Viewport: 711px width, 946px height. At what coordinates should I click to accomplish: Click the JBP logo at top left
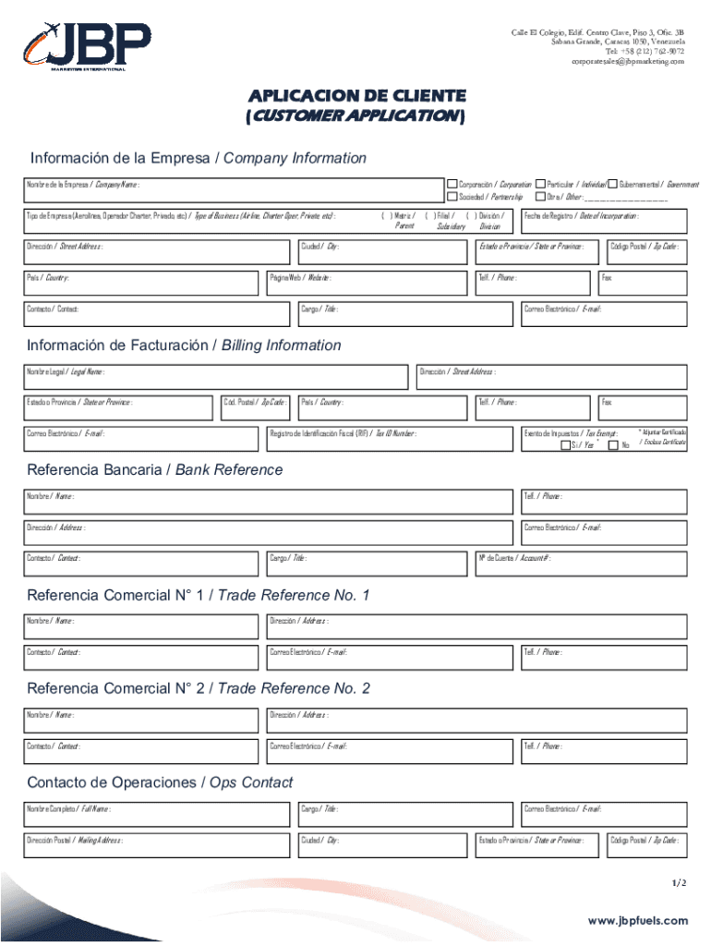(87, 44)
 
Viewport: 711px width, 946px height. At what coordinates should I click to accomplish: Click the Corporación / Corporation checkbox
(452, 185)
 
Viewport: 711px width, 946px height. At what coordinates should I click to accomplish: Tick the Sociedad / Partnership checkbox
(452, 197)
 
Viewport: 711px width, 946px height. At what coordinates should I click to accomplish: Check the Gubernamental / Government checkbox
(612, 185)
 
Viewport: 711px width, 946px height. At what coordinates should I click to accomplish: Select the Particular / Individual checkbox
(540, 185)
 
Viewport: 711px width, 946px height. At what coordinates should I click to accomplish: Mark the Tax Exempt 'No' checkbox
(613, 446)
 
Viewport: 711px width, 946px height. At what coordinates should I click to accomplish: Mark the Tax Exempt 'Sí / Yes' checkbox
(565, 446)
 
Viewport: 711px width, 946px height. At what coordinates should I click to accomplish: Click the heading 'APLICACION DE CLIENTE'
(355, 96)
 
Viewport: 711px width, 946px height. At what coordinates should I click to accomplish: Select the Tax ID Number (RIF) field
(388, 440)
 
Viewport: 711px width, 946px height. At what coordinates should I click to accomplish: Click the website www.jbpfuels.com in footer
(638, 921)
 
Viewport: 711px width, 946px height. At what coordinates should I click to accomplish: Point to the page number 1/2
(679, 883)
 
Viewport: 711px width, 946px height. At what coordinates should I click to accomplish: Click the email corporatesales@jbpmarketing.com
(628, 61)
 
